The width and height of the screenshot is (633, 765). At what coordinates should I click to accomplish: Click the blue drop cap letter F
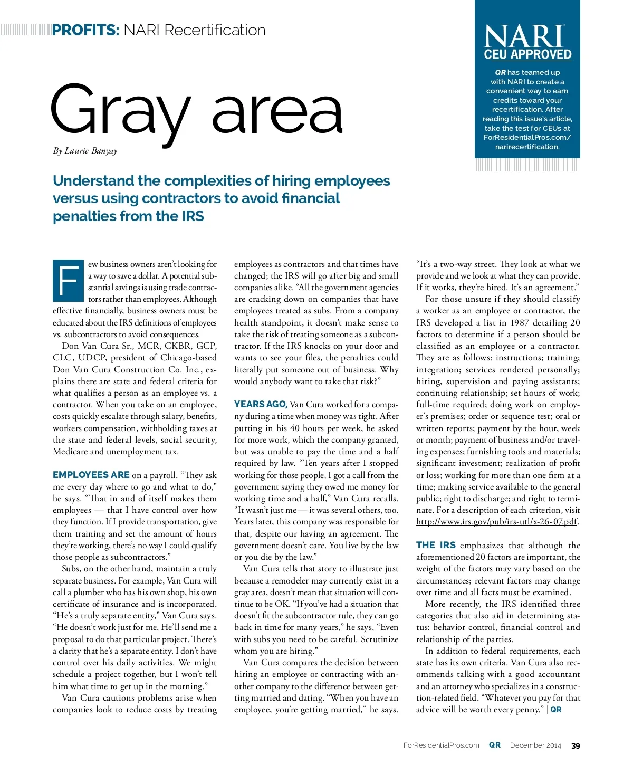68,280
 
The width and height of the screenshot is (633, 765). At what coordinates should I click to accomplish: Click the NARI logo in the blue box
524,37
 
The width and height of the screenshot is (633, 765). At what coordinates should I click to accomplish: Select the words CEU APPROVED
527,54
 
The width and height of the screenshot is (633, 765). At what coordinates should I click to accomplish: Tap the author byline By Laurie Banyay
85,151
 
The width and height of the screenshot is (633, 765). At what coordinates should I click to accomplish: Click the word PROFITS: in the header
86,30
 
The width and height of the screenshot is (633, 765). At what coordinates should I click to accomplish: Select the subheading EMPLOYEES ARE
91,475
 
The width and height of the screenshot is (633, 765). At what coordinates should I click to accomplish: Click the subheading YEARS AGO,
261,404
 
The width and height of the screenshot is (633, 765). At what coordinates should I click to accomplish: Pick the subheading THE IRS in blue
436,545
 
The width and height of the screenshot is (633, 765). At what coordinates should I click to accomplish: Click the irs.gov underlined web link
496,522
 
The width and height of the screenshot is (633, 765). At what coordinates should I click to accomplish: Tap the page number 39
576,745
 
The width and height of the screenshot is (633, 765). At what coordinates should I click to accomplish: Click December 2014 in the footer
535,745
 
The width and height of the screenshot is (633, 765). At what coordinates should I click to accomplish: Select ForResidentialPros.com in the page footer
441,745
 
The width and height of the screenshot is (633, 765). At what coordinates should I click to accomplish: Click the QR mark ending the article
556,710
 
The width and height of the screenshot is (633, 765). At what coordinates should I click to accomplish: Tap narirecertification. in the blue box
527,147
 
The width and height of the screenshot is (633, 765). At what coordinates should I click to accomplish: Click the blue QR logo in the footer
495,745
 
